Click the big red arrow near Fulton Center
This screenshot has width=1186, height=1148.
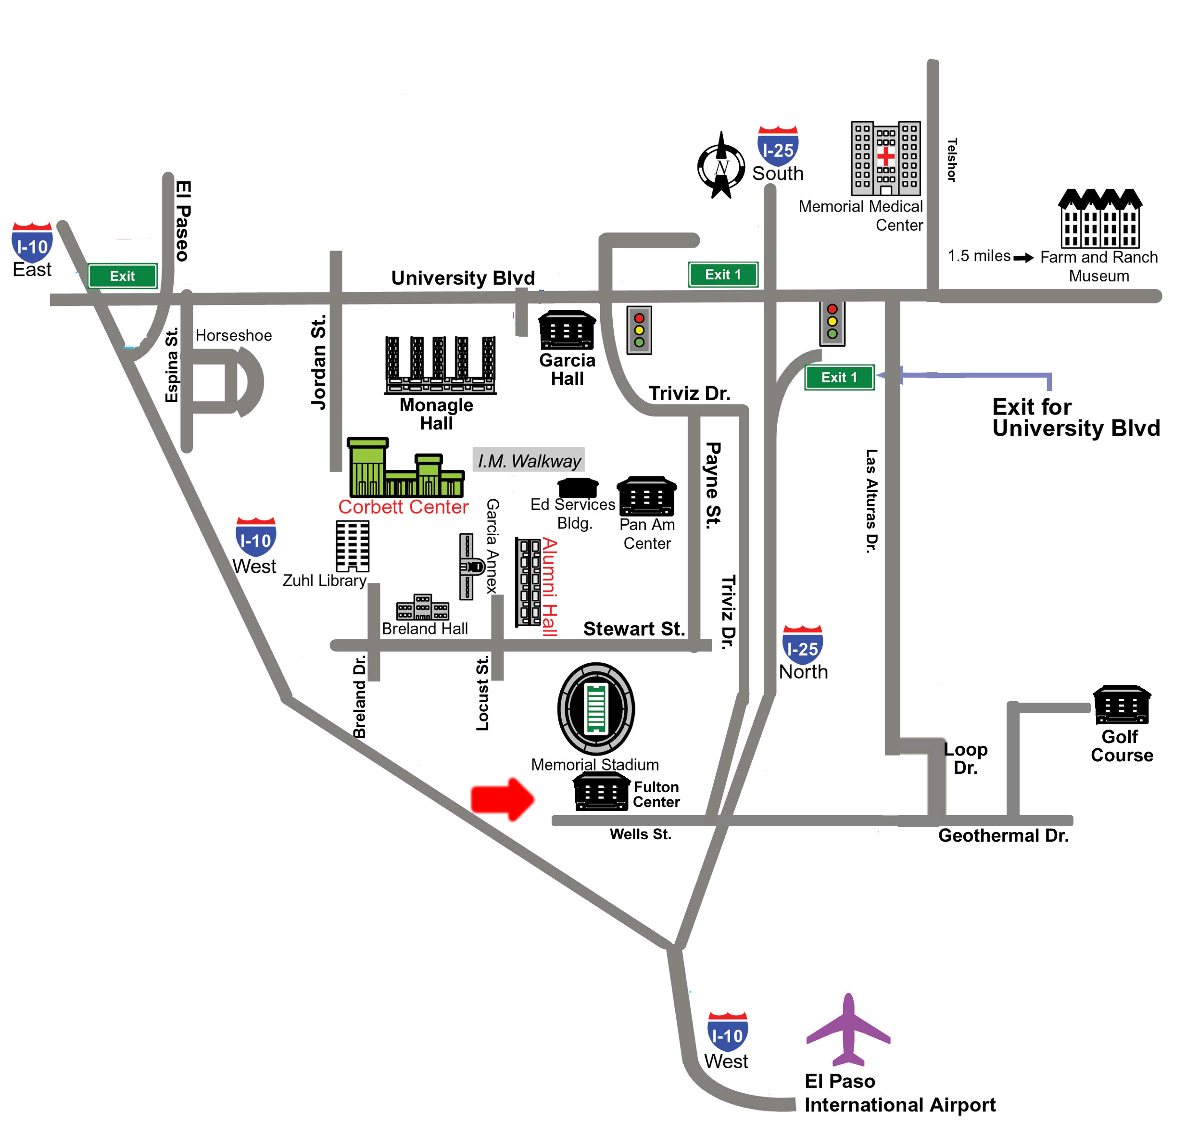click(502, 799)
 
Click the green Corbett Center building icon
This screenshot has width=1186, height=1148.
click(406, 468)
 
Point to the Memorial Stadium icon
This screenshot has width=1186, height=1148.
click(596, 708)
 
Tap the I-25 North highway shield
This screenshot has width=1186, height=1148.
click(802, 644)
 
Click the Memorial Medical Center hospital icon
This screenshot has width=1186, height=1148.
click(885, 158)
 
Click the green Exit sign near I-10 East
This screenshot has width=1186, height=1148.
click(123, 276)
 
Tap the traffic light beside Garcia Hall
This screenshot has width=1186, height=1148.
click(639, 330)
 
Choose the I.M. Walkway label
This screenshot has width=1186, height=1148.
click(529, 461)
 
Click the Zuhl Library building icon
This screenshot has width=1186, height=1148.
click(352, 546)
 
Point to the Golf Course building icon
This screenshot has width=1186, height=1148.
click(1121, 705)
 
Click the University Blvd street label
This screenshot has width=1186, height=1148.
click(463, 278)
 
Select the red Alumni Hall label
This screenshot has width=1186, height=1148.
click(549, 587)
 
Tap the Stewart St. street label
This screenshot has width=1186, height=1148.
click(633, 629)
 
